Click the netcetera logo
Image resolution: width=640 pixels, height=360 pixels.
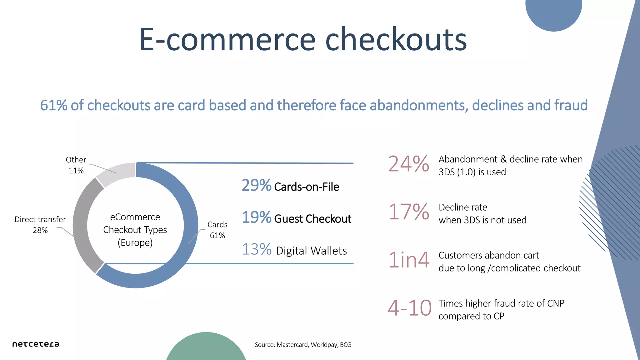pos(36,344)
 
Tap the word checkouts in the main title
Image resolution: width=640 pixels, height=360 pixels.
pos(396,40)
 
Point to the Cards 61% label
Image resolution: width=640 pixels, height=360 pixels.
pos(217,230)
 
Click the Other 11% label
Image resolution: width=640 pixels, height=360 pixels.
pos(76,165)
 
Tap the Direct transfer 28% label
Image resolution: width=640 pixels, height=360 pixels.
pos(40,225)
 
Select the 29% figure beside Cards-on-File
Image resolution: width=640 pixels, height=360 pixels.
pos(256,185)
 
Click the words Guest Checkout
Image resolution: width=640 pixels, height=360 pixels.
pos(312,219)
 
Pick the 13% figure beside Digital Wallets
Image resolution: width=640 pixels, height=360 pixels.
pos(257,249)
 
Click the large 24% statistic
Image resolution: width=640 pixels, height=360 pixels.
pos(408,164)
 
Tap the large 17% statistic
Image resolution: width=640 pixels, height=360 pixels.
pos(408,212)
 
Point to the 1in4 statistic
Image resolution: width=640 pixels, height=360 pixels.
pos(408,260)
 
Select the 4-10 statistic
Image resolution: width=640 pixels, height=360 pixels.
pos(409,308)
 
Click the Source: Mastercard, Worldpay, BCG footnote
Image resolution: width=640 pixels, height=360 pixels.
pos(303,345)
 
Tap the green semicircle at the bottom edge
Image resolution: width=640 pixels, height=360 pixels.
pos(206,348)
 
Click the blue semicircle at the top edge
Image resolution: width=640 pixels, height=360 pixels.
pos(553,14)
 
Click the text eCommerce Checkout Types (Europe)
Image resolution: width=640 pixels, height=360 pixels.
pos(135,230)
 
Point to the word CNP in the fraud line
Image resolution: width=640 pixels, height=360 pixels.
pos(556,303)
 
